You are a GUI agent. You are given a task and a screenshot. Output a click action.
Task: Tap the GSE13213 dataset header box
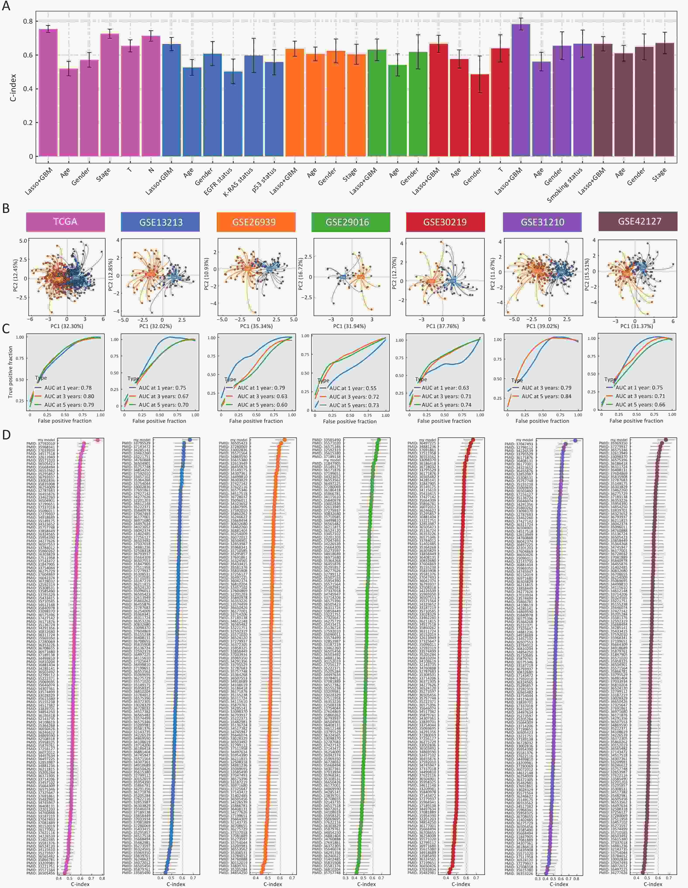click(161, 222)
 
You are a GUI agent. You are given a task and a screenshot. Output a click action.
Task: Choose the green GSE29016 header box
click(347, 222)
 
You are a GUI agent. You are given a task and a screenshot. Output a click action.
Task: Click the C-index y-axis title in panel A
click(13, 87)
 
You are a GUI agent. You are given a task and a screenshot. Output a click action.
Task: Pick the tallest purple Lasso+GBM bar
click(521, 90)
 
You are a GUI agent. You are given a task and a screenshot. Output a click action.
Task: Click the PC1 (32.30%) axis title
click(66, 326)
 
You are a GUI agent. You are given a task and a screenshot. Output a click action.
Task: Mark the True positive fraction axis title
click(10, 372)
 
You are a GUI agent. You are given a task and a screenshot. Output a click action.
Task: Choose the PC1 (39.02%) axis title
click(543, 326)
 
